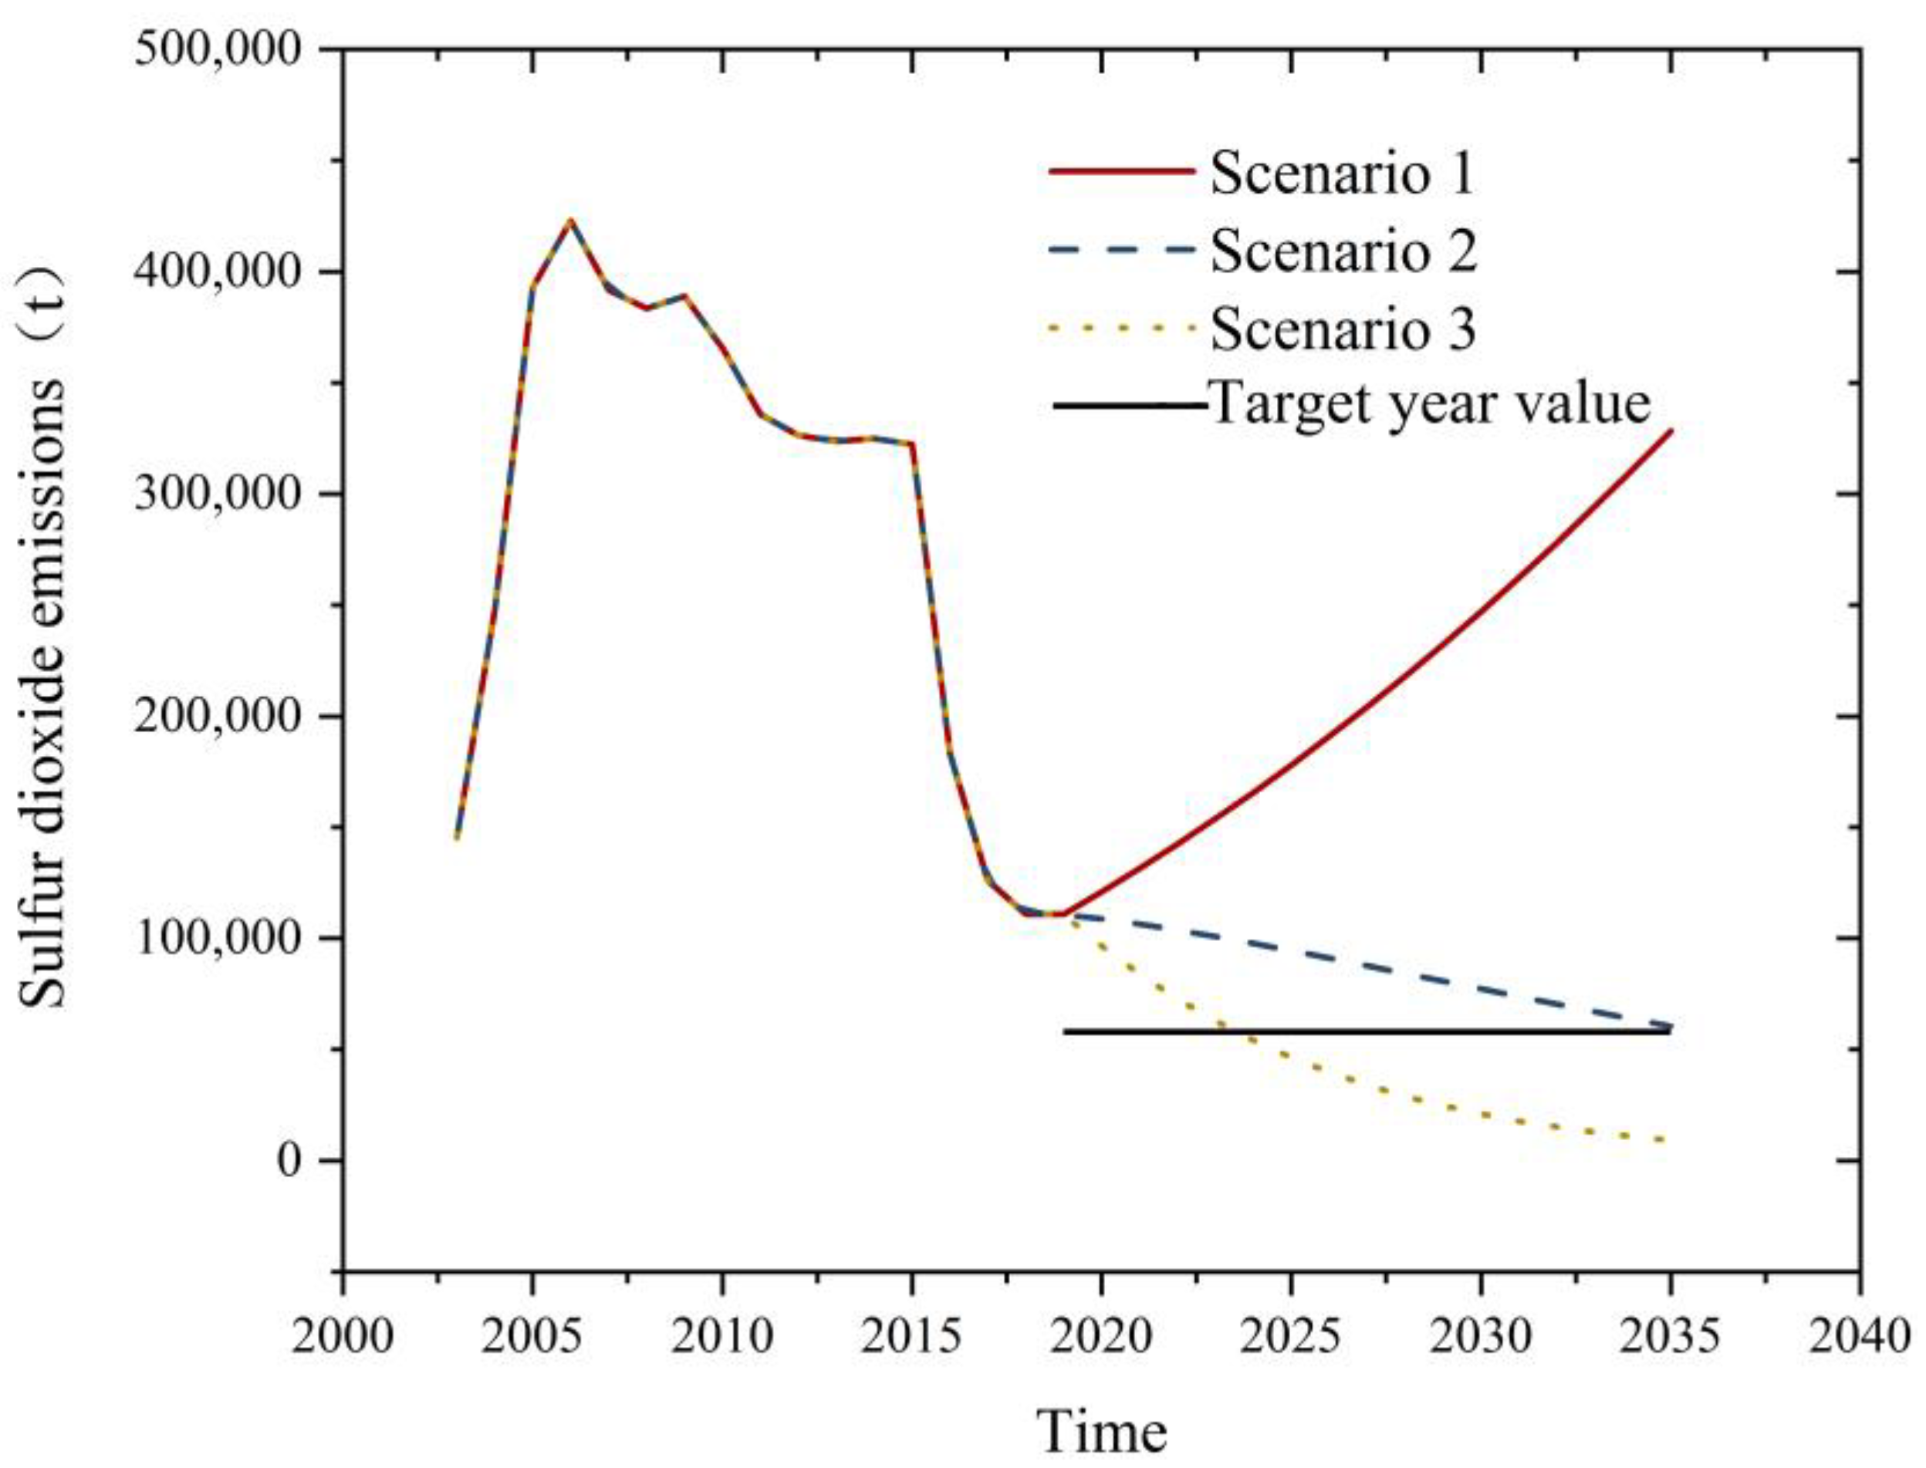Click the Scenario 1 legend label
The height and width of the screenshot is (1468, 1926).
[x=1342, y=173]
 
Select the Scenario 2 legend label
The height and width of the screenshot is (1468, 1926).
[x=1342, y=251]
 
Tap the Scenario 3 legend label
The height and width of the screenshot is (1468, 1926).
[x=1342, y=329]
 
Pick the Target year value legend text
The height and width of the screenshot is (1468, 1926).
[x=1430, y=403]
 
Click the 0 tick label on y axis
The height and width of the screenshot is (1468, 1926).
[x=289, y=1160]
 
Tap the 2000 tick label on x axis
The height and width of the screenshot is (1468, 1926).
[x=343, y=1336]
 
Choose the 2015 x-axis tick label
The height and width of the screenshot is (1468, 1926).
[x=911, y=1336]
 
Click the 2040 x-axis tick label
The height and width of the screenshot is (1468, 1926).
[x=1859, y=1336]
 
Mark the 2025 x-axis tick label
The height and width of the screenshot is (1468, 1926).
[x=1291, y=1336]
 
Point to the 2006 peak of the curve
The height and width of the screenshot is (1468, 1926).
[x=571, y=220]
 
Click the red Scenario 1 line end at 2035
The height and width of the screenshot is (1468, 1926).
[x=1670, y=430]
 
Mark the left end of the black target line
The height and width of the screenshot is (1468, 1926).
[x=1066, y=1031]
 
